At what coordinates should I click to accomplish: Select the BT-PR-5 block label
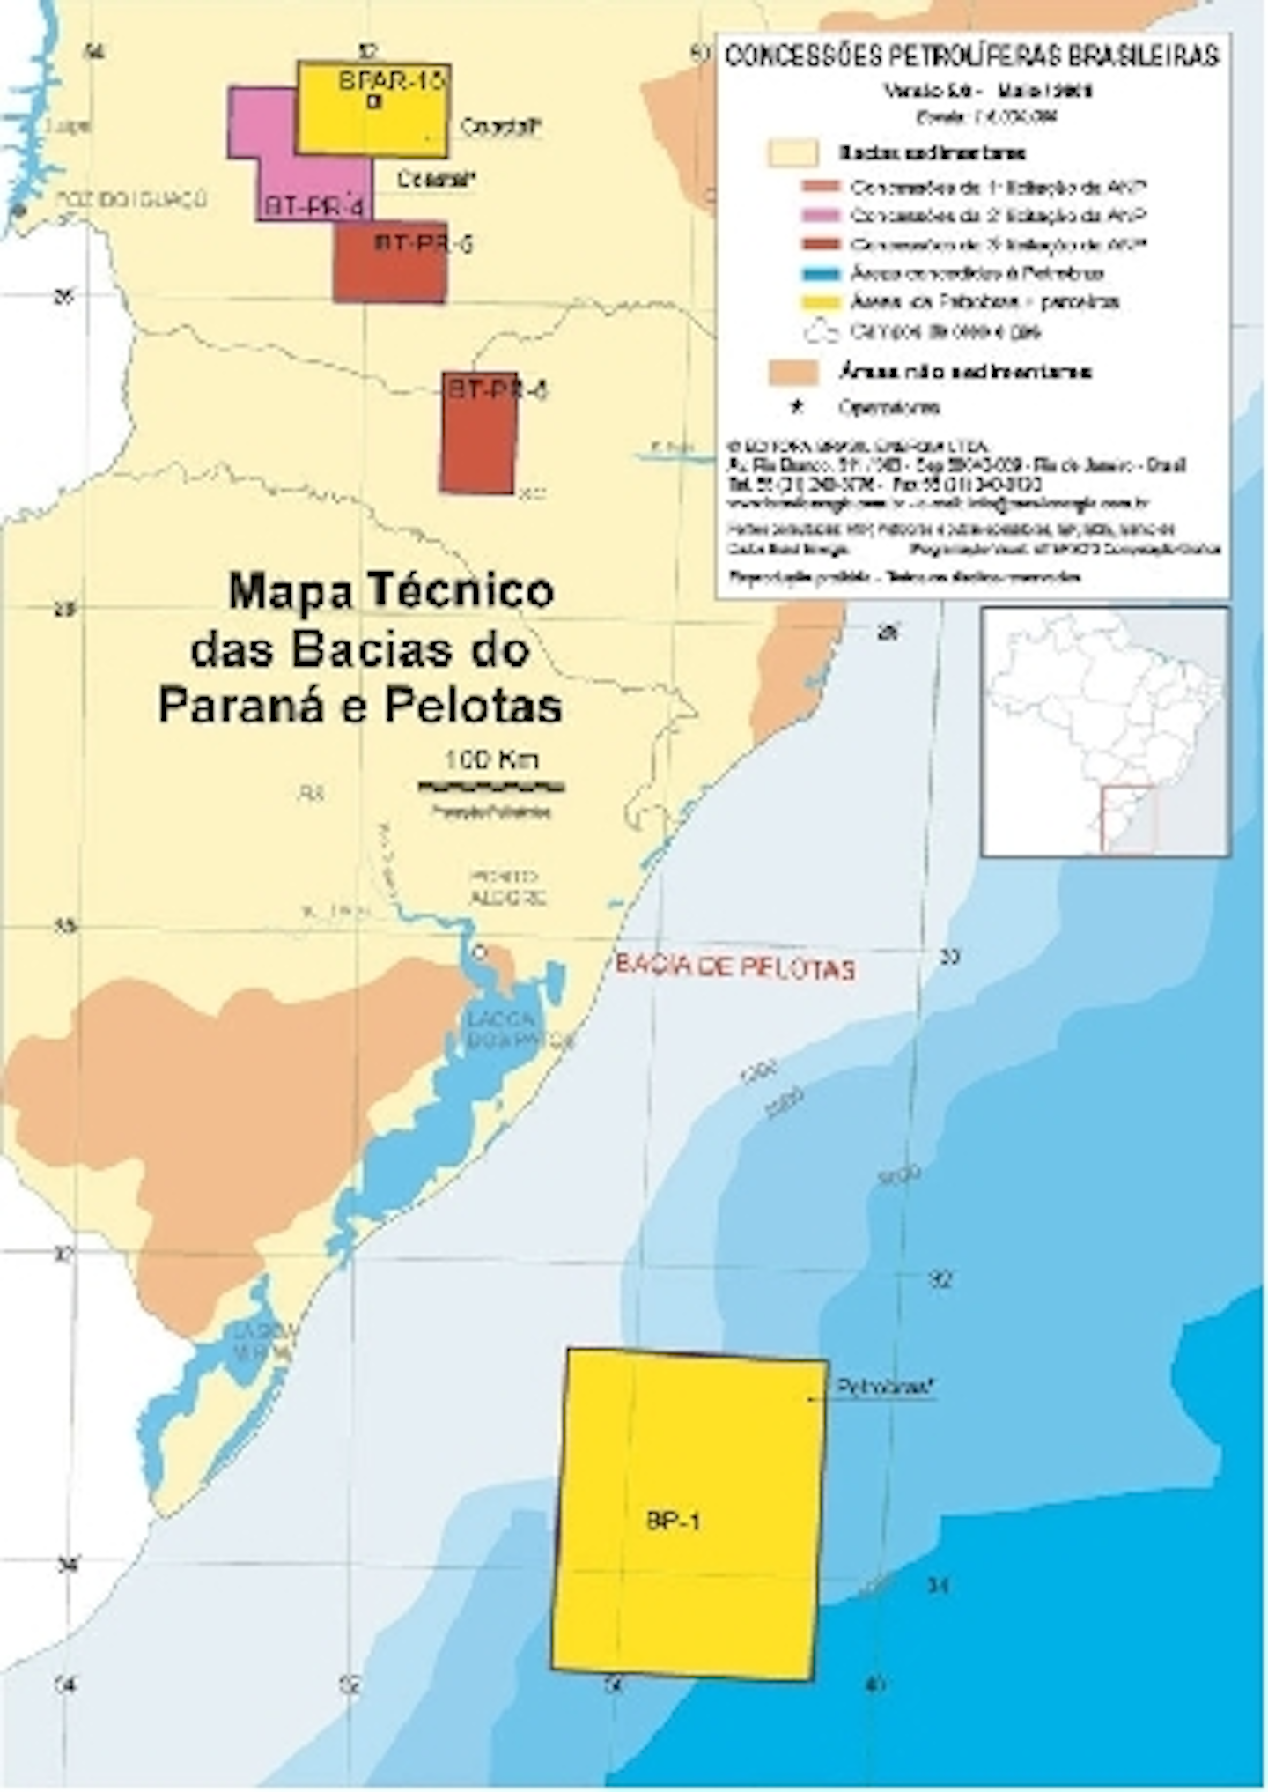[x=422, y=243]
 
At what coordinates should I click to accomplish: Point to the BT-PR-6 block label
[x=497, y=389]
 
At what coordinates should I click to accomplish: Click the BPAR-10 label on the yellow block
[x=390, y=82]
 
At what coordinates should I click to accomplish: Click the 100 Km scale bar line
[x=490, y=784]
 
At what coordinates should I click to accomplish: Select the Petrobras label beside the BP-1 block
[x=883, y=1387]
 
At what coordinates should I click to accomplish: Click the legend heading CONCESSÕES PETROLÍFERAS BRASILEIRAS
[x=971, y=56]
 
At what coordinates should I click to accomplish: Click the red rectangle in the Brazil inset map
[x=1128, y=818]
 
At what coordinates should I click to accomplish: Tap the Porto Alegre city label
[x=505, y=887]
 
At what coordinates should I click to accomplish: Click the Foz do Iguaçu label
[x=132, y=199]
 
